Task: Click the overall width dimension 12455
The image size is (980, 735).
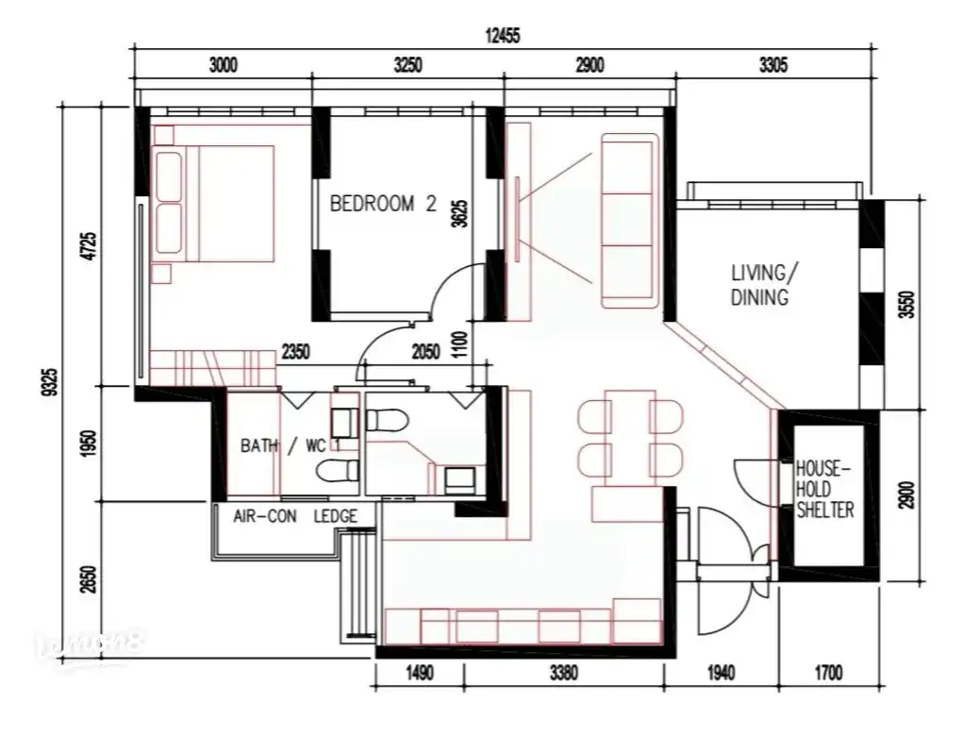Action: [502, 36]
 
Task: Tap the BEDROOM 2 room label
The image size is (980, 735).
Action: [383, 204]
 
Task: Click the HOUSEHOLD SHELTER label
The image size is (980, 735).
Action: [825, 489]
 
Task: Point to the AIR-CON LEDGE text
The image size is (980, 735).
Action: [295, 516]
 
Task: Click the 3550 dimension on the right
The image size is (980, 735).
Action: [906, 306]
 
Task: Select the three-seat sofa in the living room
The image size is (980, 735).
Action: [628, 221]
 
